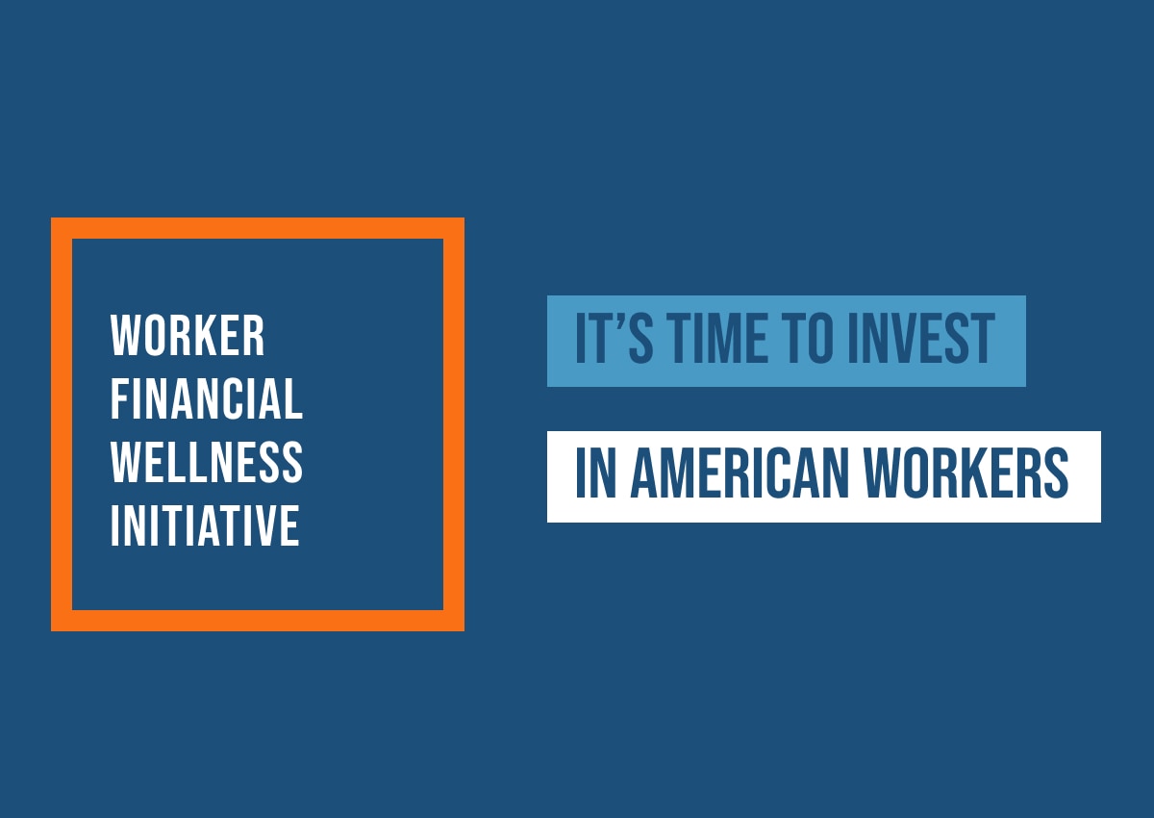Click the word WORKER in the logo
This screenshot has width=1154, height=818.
(x=188, y=336)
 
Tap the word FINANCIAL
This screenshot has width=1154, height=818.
(x=207, y=398)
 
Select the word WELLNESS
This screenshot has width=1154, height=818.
(x=207, y=462)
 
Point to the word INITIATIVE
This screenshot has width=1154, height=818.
(x=205, y=525)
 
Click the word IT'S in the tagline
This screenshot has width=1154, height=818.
(x=615, y=338)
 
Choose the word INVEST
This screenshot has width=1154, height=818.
(x=921, y=338)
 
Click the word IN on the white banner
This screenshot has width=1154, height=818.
(x=595, y=473)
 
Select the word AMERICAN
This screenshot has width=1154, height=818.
(x=740, y=473)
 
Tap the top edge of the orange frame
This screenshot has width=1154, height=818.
(x=258, y=228)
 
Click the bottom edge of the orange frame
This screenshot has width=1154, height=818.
(x=258, y=621)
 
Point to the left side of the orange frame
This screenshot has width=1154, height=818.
(x=62, y=424)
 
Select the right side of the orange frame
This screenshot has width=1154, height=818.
(x=454, y=424)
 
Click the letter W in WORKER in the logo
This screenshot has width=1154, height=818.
(x=125, y=336)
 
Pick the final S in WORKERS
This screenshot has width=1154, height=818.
(x=1054, y=473)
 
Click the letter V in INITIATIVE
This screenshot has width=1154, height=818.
(x=261, y=525)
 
